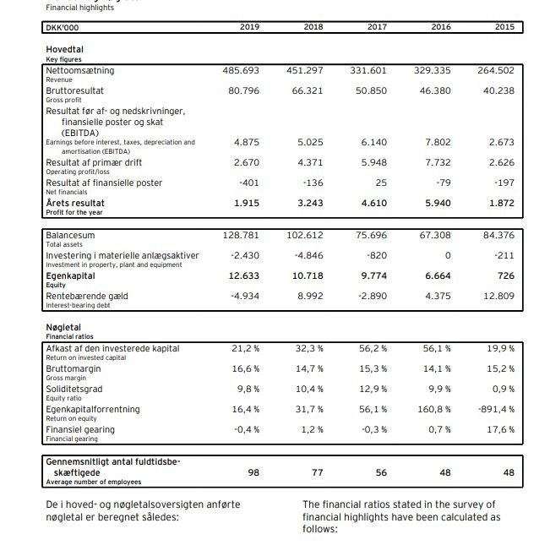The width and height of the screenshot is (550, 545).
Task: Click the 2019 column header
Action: (x=249, y=27)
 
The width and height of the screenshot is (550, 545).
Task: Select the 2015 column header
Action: (x=504, y=27)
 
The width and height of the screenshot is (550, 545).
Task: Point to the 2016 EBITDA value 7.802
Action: (x=439, y=143)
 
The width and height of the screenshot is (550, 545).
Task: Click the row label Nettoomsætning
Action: (x=80, y=71)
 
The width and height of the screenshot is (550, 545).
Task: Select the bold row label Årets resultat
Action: (x=75, y=203)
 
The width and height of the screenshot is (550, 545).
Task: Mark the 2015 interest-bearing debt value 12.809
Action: (x=499, y=296)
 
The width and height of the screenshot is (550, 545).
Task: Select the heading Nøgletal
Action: (x=63, y=327)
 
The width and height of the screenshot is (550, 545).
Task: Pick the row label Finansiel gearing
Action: (x=80, y=430)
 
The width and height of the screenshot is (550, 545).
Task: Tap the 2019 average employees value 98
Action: (x=253, y=472)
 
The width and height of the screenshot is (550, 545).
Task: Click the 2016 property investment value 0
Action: (x=448, y=255)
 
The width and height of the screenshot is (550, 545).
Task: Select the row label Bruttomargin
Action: (x=75, y=368)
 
